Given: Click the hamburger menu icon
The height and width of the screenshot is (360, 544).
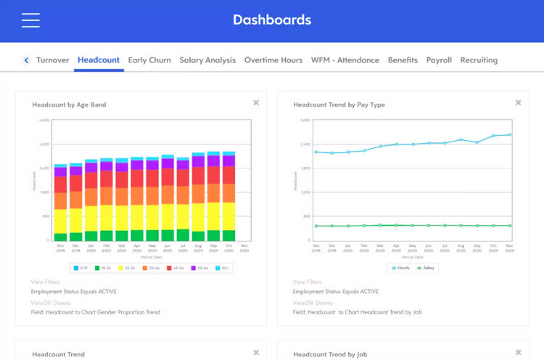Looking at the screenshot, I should (x=30, y=20).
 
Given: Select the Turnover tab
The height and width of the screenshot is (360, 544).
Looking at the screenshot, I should (x=52, y=60).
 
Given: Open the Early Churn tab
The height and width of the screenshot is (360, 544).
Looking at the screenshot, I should (x=149, y=60).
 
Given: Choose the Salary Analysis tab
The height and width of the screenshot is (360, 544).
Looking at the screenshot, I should (x=207, y=60).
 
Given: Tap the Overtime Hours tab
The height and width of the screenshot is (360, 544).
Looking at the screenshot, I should (x=273, y=60).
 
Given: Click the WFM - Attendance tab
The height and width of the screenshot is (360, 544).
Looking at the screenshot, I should (x=345, y=60).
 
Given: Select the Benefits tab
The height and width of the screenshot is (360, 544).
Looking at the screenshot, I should (x=403, y=60).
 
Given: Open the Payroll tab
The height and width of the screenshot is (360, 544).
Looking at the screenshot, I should (x=439, y=60).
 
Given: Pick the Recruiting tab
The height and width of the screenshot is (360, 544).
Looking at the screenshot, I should (x=479, y=60).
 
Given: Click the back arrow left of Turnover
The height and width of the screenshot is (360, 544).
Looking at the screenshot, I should (x=27, y=60).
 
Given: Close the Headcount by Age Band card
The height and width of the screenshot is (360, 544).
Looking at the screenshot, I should (x=256, y=103).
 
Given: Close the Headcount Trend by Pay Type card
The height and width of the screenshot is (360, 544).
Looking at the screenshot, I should (x=518, y=103).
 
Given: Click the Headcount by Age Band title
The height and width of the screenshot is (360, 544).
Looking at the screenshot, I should (x=69, y=105).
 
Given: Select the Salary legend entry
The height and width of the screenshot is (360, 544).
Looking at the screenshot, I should (x=426, y=268).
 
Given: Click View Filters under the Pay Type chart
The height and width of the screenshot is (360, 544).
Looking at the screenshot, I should (x=307, y=282).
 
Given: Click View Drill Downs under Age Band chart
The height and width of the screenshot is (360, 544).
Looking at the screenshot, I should (x=50, y=303).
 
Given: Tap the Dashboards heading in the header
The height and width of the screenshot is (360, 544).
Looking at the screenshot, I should (x=272, y=20).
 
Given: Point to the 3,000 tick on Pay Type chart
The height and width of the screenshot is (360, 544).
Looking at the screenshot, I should (x=305, y=120).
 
